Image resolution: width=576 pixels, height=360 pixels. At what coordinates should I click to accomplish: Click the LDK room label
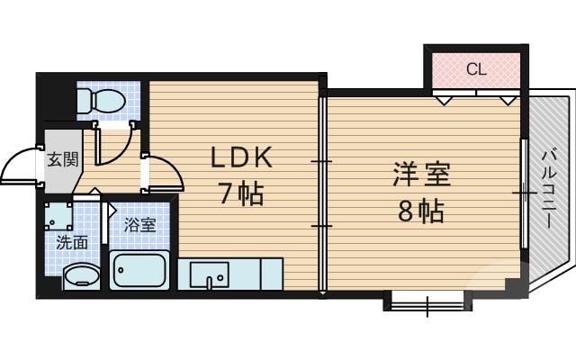tap(240, 158)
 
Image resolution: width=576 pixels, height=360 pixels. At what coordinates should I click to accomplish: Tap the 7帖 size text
tap(240, 193)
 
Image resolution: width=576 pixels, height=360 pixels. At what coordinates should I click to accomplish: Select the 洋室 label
tap(421, 174)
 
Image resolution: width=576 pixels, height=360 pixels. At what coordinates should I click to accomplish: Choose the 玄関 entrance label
tap(62, 160)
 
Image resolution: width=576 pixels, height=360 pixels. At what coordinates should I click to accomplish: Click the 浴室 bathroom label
tap(140, 225)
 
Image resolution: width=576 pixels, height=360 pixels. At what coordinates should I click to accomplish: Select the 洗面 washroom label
tap(72, 241)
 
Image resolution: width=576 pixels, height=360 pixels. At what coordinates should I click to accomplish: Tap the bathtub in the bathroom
tap(139, 269)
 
